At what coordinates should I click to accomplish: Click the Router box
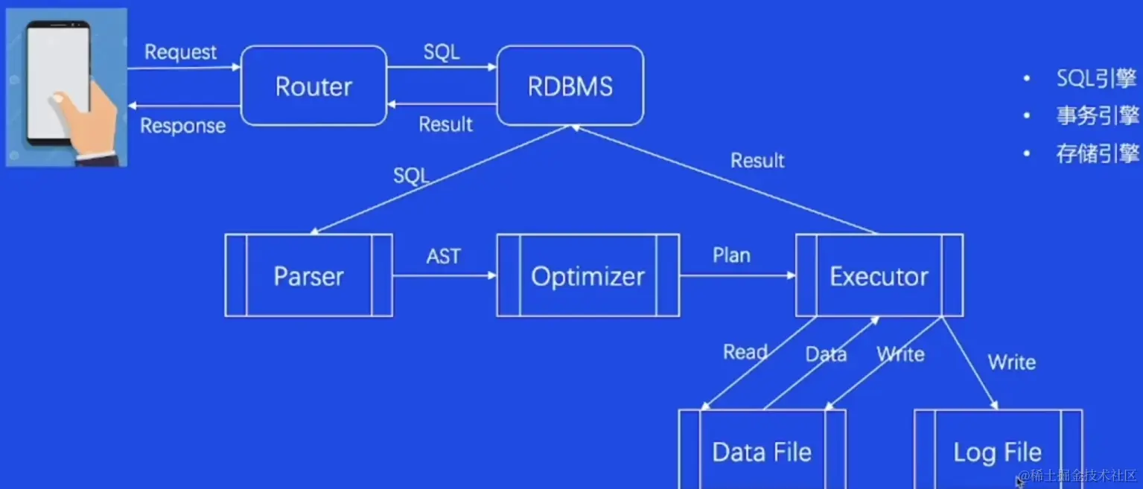click(x=313, y=86)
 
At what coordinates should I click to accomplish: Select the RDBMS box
click(x=570, y=86)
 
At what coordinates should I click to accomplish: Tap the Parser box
click(x=308, y=276)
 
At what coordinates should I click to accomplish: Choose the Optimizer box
click(x=588, y=276)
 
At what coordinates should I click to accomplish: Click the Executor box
click(x=879, y=276)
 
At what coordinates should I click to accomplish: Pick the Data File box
click(x=762, y=452)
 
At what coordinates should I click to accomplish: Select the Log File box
click(x=997, y=452)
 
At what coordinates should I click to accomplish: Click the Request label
click(x=180, y=52)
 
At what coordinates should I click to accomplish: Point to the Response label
click(x=182, y=126)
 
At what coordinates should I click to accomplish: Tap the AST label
click(x=443, y=256)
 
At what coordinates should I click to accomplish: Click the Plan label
click(x=731, y=255)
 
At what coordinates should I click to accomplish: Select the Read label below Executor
click(x=745, y=352)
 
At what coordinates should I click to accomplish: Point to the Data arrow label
click(x=826, y=354)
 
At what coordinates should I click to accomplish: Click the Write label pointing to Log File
click(x=1011, y=362)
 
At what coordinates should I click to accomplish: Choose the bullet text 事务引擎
click(x=1097, y=116)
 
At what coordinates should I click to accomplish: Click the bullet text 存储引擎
click(x=1097, y=154)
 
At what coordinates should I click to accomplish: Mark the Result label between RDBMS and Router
click(x=445, y=124)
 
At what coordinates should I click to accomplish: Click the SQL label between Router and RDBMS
click(x=442, y=52)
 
